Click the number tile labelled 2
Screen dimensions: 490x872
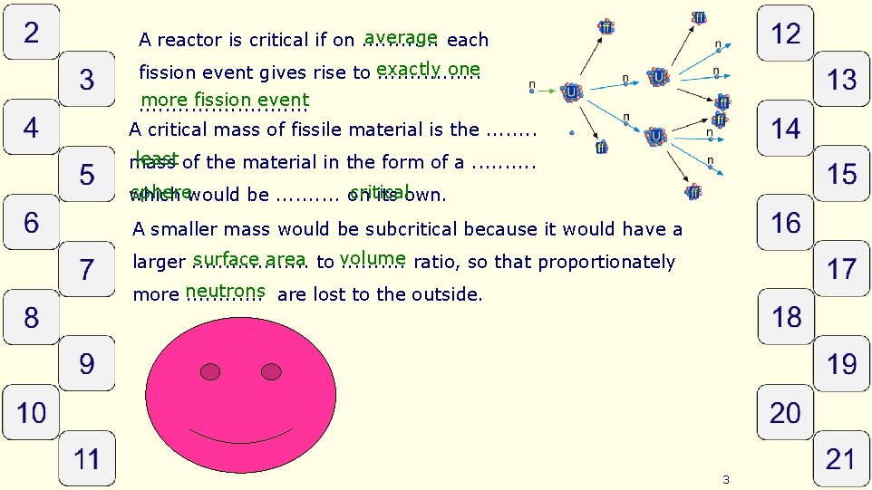(x=32, y=34)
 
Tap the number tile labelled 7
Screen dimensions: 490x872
(x=86, y=270)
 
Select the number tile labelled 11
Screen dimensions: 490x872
(x=86, y=458)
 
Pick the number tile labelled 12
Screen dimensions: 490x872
(x=785, y=34)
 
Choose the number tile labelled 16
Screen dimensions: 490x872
(x=785, y=223)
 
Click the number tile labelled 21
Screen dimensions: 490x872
(x=840, y=458)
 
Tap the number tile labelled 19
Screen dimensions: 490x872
(x=840, y=364)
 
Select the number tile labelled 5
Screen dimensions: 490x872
(x=86, y=175)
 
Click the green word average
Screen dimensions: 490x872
(x=401, y=37)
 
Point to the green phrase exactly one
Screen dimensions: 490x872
(x=428, y=70)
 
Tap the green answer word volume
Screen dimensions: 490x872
(x=373, y=259)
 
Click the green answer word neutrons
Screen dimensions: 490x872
(x=226, y=291)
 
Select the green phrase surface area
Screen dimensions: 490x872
(x=249, y=260)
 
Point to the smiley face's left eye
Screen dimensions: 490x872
(x=210, y=371)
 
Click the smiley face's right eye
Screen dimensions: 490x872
(x=270, y=370)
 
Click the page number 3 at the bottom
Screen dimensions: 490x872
(x=726, y=479)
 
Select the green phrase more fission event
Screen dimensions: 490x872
(x=226, y=100)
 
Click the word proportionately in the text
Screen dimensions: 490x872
(x=612, y=263)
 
